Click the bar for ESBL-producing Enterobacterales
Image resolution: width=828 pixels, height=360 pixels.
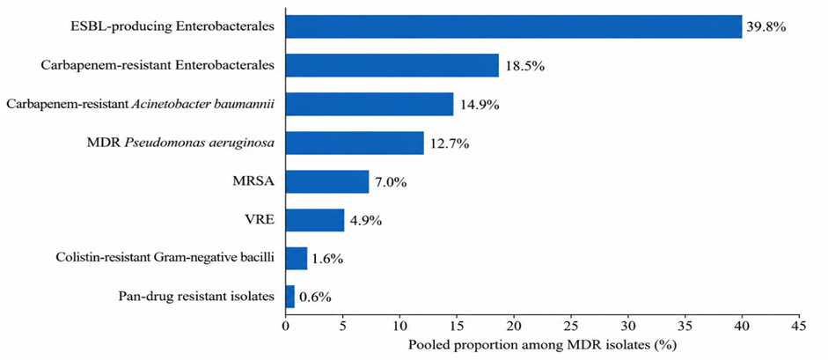tap(514, 26)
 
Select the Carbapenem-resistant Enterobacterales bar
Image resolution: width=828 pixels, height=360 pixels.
tap(392, 65)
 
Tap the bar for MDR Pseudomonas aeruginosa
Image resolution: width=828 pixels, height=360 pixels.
tap(355, 143)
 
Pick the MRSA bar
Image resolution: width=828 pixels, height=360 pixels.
tap(327, 181)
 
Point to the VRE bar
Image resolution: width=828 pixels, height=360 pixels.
tap(315, 220)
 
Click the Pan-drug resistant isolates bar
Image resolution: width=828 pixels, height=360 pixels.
tap(289, 298)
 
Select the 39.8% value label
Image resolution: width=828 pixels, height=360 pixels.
tap(766, 26)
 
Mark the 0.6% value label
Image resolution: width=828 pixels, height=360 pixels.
tap(315, 298)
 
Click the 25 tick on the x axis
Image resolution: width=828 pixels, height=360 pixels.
tap(571, 326)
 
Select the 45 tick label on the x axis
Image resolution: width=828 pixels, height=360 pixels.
tap(800, 326)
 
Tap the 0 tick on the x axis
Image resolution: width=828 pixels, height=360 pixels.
tap(285, 326)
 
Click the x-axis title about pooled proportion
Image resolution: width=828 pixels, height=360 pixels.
tap(542, 345)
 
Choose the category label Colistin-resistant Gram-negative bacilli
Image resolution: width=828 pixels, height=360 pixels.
tap(165, 259)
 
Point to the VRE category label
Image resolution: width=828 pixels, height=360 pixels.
tap(263, 220)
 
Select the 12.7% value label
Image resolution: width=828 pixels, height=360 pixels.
tap(449, 143)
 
